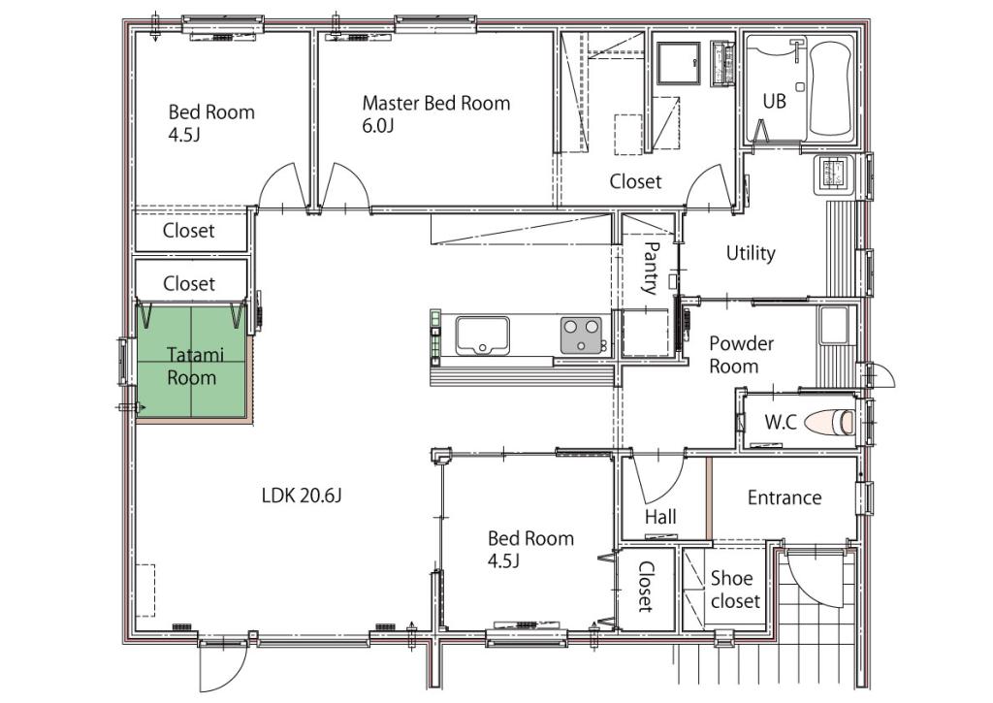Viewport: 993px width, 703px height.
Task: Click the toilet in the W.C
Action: coord(831,422)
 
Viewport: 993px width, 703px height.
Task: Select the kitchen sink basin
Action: coord(482,336)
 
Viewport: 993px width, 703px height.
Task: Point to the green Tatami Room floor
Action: coord(191,362)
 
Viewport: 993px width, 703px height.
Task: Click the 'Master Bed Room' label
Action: coord(435,103)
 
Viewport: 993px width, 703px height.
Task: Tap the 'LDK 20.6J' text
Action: coord(302,495)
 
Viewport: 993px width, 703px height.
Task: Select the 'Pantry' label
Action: coord(650,269)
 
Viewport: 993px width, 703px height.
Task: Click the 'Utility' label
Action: coord(751,253)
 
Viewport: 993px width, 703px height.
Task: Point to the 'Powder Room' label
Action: coord(741,355)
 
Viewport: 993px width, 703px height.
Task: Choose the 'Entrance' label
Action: coord(785,497)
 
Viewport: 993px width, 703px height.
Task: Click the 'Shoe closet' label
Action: coord(735,590)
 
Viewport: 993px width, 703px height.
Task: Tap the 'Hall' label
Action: coord(660,518)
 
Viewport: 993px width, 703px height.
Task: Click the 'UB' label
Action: coord(774,102)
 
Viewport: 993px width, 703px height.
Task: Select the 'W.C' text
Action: coord(781,423)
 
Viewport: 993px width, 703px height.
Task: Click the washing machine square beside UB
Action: coord(678,63)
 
